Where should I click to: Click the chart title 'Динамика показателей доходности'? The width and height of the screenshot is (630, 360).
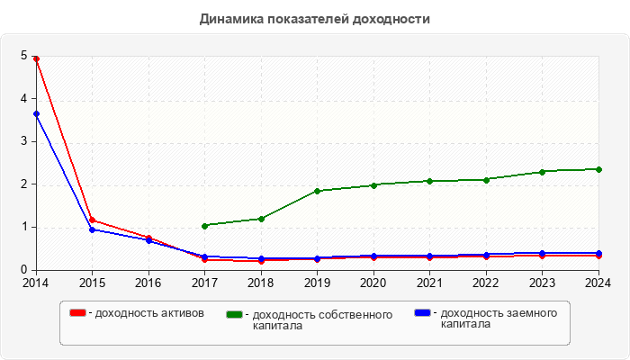tap(315, 18)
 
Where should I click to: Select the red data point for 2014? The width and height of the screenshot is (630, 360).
tap(36, 58)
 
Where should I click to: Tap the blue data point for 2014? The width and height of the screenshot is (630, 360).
tap(36, 114)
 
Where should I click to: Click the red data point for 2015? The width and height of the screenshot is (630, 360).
tap(92, 220)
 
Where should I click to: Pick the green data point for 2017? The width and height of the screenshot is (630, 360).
tap(205, 226)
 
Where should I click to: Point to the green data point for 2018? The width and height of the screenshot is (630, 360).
tap(261, 219)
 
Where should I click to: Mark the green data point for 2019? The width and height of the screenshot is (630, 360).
tap(317, 191)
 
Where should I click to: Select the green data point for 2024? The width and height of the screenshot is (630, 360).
tap(598, 169)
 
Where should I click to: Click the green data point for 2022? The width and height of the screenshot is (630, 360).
tap(486, 179)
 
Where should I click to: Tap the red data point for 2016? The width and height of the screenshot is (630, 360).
tap(148, 238)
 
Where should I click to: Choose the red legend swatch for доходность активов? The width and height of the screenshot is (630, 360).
tap(78, 313)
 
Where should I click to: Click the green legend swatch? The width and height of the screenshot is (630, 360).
tap(235, 314)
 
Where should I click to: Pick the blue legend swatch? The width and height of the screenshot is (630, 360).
tap(421, 313)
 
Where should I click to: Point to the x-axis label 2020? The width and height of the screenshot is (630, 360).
tap(373, 283)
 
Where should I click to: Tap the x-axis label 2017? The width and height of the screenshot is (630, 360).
tap(205, 283)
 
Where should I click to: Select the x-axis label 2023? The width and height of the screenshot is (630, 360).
tap(542, 283)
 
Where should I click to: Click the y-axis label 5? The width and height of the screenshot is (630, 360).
tap(23, 56)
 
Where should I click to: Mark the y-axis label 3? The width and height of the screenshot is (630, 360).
tap(23, 141)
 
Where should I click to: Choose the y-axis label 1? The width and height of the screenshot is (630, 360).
tap(23, 227)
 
